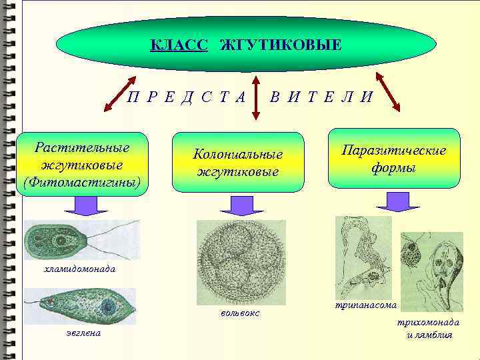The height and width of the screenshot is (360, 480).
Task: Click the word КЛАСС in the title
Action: pyautogui.click(x=179, y=45)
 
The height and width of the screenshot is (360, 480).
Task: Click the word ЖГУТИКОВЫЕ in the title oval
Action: pyautogui.click(x=280, y=45)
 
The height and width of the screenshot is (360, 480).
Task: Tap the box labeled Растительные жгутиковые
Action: pyautogui.click(x=83, y=163)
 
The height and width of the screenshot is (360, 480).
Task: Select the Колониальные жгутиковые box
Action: pyautogui.click(x=238, y=162)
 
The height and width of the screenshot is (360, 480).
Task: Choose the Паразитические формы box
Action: pyautogui.click(x=394, y=159)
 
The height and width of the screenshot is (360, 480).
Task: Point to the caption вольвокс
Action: pyautogui.click(x=239, y=313)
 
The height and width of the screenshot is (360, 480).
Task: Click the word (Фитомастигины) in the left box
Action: pyautogui.click(x=83, y=181)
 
